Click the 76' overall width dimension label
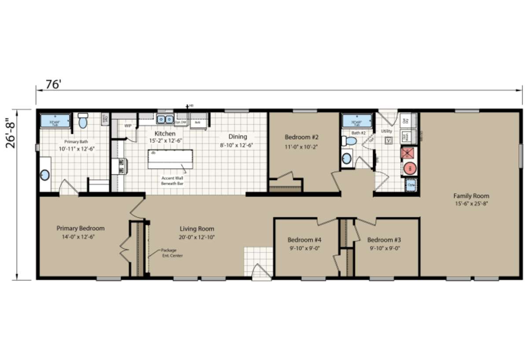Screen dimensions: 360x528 53,84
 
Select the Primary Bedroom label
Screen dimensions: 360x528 81,228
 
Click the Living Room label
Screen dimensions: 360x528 197,229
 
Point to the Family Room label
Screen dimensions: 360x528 471,196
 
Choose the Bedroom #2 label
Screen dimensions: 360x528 301,137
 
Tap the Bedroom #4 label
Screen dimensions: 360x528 304,240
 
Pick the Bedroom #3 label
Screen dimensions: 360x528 384,240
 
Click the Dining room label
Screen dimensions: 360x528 238,137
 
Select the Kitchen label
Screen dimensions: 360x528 165,134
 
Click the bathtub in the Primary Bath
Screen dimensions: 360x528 55,121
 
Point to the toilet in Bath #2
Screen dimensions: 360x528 350,141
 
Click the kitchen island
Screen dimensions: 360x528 170,158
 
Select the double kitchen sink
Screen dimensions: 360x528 165,119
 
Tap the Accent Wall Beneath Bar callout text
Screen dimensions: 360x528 172,180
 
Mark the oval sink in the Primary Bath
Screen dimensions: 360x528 44,175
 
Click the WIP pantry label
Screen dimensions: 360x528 128,126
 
